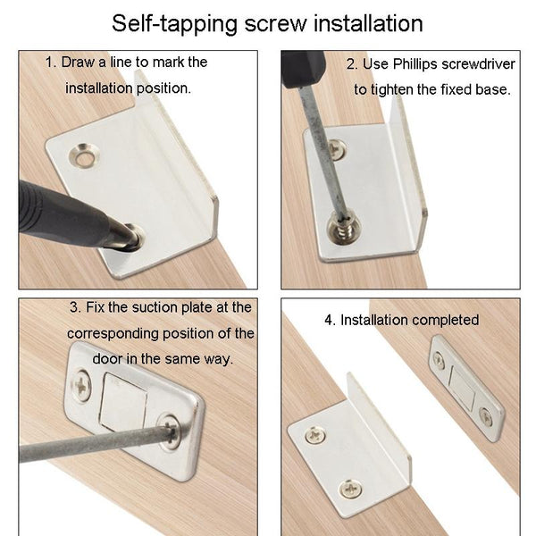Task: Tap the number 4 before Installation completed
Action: [x=328, y=320]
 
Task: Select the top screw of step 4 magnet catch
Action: [x=440, y=359]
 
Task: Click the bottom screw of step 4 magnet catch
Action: [x=486, y=415]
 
